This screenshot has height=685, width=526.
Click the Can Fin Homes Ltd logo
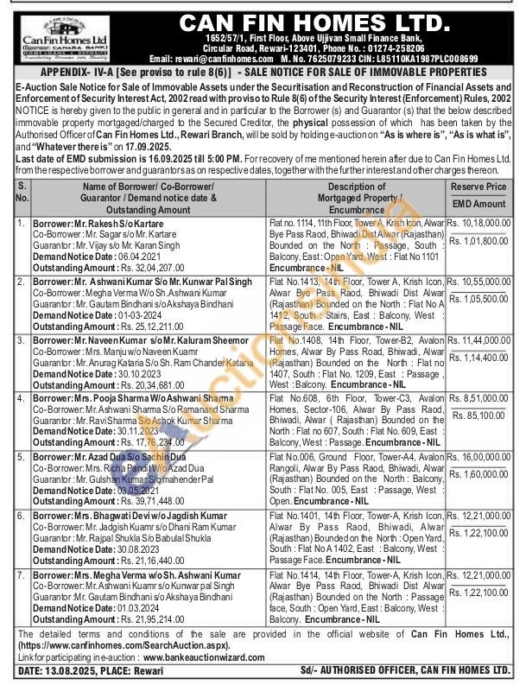pos(58,36)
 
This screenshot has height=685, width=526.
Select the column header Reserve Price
pos(478,187)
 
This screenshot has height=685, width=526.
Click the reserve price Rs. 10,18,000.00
pos(479,223)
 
